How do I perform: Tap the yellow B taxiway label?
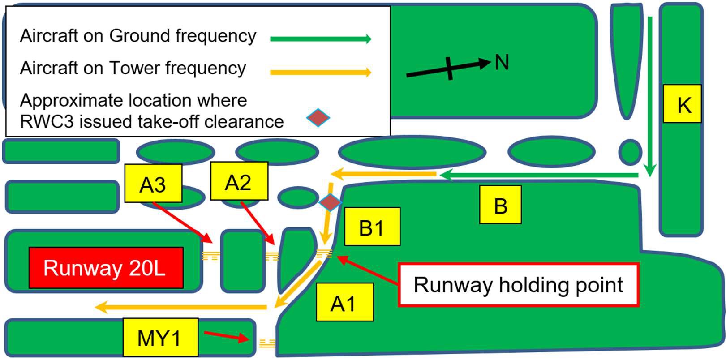tap(500, 205)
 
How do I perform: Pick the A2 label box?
tap(239, 181)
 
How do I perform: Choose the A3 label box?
tap(153, 183)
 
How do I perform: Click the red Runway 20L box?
tap(106, 268)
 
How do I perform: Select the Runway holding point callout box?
tap(518, 285)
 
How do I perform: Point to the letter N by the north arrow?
tap(502, 62)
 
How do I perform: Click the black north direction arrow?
tap(448, 69)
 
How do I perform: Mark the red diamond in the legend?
tap(318, 118)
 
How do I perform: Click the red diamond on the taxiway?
tap(330, 202)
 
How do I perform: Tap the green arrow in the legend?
tap(320, 39)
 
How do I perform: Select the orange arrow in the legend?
tap(320, 72)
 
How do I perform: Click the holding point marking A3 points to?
tap(210, 256)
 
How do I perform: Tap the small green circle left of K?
tap(630, 151)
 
